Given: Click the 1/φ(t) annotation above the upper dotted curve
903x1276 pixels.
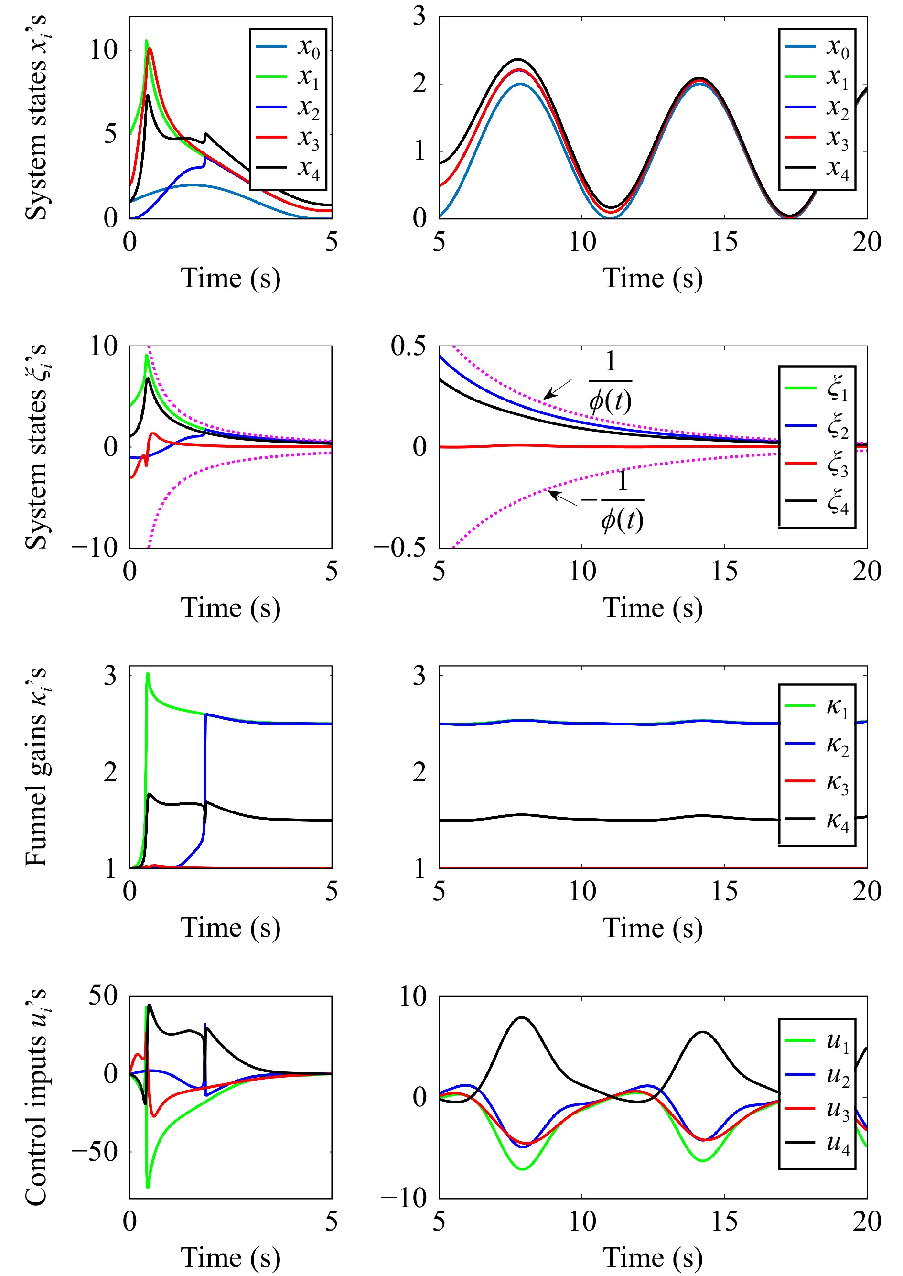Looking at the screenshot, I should (x=611, y=382).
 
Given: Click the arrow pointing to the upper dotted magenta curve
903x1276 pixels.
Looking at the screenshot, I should (x=557, y=389).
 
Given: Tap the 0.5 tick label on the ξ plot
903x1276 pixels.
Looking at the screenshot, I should (x=408, y=346).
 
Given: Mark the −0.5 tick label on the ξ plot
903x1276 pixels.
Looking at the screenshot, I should (x=400, y=548).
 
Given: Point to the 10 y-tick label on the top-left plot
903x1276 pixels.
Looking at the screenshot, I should (x=104, y=50).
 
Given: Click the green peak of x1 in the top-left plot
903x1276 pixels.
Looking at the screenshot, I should (x=147, y=41).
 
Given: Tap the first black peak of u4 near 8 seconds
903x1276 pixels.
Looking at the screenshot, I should (x=522, y=1017).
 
